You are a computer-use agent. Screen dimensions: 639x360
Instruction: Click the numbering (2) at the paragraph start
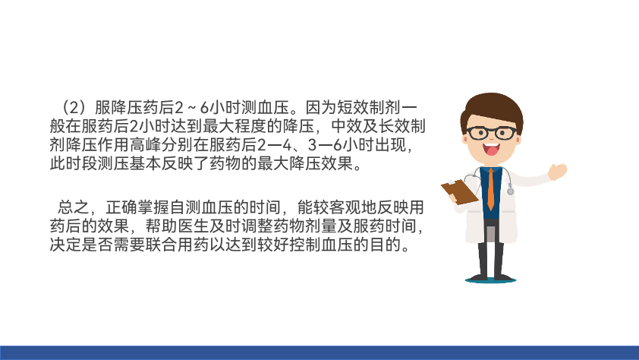[x=74, y=108]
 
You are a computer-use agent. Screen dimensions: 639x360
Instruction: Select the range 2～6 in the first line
[x=191, y=108]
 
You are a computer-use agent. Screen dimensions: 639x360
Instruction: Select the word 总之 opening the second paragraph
[x=74, y=207]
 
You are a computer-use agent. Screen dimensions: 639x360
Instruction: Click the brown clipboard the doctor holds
[x=460, y=191]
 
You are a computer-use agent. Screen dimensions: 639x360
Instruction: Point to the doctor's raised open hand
[x=557, y=171]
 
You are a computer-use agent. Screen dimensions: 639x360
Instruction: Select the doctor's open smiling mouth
[x=492, y=149]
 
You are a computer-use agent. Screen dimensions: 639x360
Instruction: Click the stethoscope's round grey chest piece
[x=510, y=191]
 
